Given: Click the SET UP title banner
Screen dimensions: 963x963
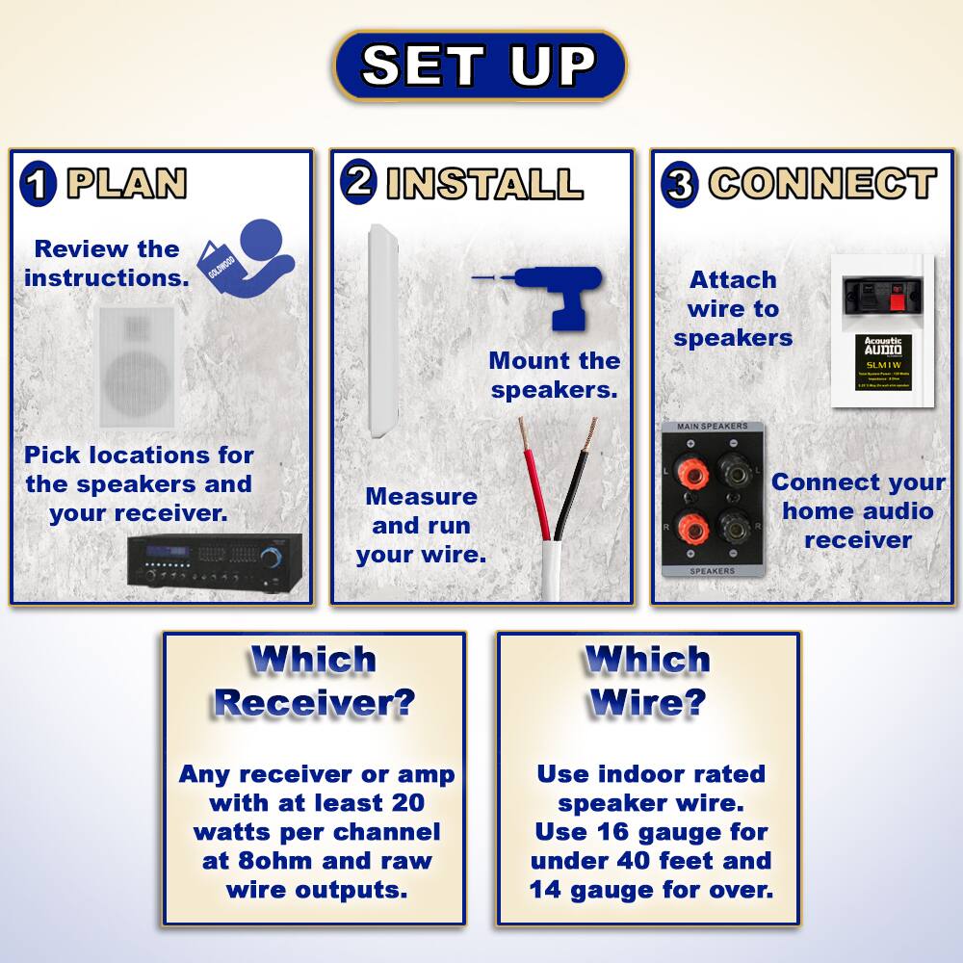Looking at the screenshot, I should pos(480,65).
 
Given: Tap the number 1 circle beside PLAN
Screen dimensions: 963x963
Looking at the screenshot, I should pos(37,184).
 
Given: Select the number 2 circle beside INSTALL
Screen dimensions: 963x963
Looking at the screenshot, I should pos(358,181).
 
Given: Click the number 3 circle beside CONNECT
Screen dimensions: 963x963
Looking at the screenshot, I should pos(679,184).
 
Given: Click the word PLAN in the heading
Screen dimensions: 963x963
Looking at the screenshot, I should pos(125,184).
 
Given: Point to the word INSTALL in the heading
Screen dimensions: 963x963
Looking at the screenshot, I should pos(484,183).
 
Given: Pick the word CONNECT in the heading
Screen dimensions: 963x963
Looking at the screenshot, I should pos(821,183).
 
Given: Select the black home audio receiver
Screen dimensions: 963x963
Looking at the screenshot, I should pos(215,561).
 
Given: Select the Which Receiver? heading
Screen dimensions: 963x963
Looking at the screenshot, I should pos(313,681).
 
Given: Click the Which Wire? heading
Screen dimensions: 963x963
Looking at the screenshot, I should pos(647,681).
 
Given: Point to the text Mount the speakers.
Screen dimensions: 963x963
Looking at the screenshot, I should pos(554,376).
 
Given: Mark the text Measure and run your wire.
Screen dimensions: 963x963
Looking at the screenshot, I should pos(421,526).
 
